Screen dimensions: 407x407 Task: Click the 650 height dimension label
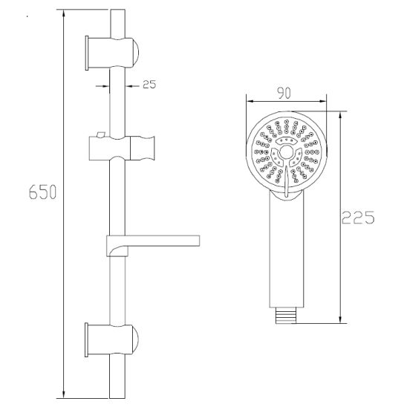(x=42, y=192)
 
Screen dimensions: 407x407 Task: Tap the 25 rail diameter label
(x=149, y=85)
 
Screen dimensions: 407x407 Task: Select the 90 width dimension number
(x=284, y=93)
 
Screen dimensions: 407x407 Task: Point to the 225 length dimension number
(x=358, y=218)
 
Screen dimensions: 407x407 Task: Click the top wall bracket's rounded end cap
(x=135, y=52)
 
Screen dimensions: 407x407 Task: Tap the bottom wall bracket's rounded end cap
(x=135, y=340)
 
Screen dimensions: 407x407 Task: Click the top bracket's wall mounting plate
(x=87, y=53)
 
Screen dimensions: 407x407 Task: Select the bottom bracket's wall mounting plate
(x=87, y=340)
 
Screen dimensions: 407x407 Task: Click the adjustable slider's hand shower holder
(x=143, y=148)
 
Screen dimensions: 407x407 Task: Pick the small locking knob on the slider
(x=100, y=134)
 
